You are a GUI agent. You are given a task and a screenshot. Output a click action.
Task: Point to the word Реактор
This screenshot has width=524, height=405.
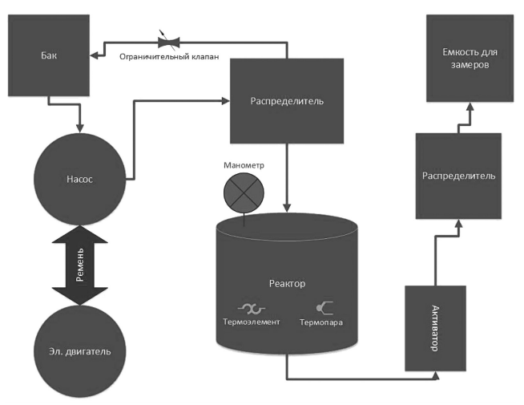click(x=286, y=284)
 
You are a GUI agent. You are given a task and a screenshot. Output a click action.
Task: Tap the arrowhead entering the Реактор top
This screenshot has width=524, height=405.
click(x=286, y=208)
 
